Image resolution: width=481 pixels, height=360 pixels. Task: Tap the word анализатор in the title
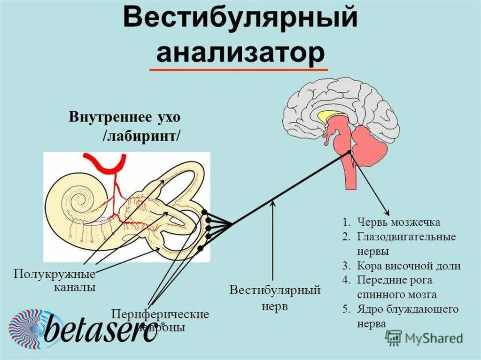(x=240, y=53)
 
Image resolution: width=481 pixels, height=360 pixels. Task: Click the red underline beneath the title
(x=239, y=69)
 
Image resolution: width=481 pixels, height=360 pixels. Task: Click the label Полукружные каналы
(x=54, y=280)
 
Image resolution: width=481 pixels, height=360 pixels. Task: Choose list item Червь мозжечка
(x=398, y=222)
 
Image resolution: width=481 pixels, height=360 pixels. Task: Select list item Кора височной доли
(x=408, y=266)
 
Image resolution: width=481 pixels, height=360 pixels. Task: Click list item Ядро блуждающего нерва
(x=407, y=316)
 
